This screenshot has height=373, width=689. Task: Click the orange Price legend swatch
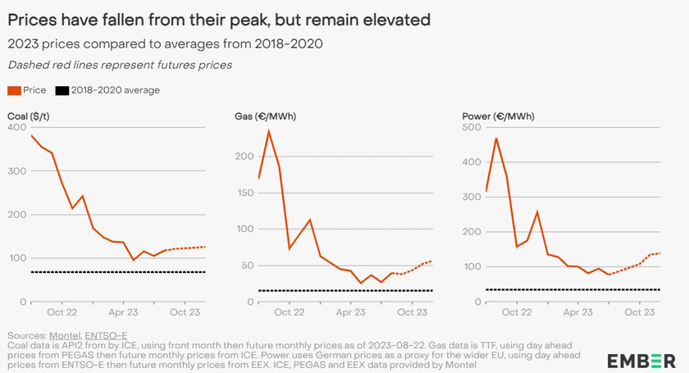click(x=13, y=90)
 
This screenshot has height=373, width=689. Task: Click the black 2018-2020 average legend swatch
click(x=61, y=90)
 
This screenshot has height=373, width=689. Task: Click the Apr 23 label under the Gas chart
click(x=350, y=312)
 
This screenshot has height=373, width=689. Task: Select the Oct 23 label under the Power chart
click(x=640, y=312)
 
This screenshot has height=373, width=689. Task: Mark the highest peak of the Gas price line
click(x=268, y=131)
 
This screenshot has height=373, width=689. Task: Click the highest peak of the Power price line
click(x=495, y=138)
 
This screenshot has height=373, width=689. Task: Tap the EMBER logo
click(x=641, y=360)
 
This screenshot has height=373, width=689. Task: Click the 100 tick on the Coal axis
click(x=16, y=259)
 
